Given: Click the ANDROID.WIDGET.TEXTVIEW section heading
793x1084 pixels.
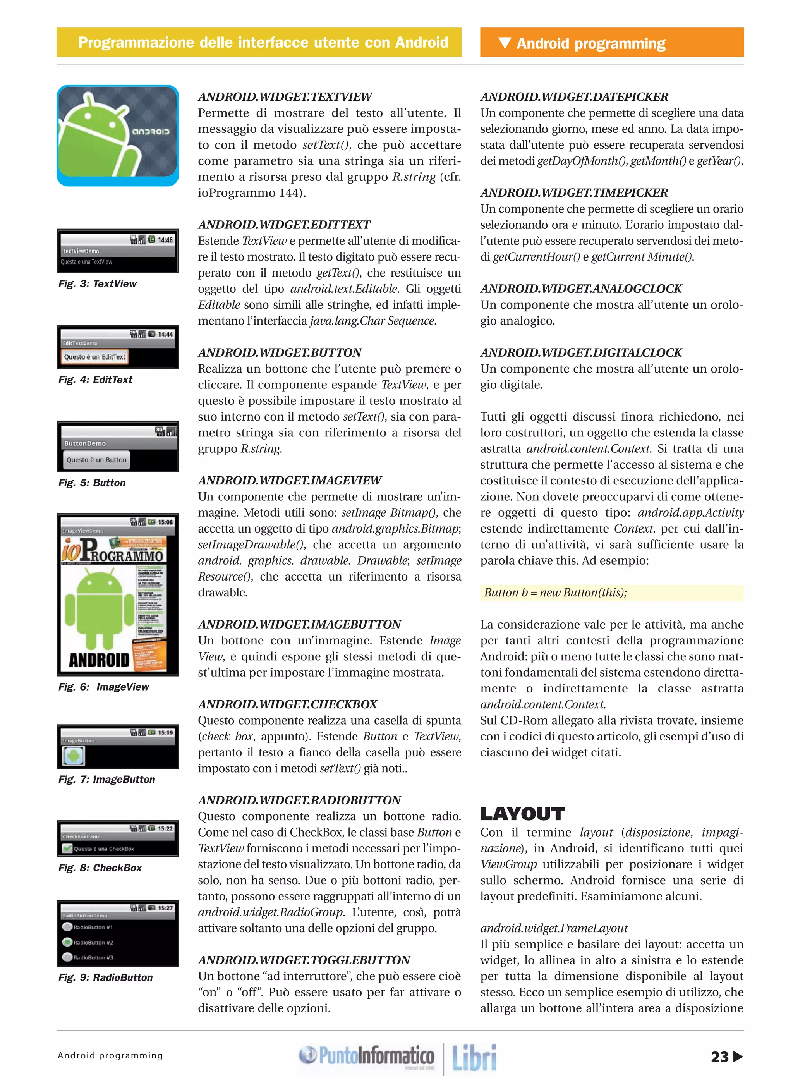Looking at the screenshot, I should coord(285,96).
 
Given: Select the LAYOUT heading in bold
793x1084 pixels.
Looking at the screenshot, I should coord(522,814).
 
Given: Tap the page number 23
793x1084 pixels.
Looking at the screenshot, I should coord(719,1057).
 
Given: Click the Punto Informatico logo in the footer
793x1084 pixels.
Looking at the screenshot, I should coord(366,1056).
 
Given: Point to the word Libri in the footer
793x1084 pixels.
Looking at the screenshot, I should coord(474,1058).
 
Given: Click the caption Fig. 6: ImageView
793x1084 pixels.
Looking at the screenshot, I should coord(104,687).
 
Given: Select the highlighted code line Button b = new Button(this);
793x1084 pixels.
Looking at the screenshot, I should coord(555,593).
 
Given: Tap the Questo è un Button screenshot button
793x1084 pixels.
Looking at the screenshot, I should coord(96,460).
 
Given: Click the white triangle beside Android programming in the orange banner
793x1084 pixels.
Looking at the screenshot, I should coord(505,43).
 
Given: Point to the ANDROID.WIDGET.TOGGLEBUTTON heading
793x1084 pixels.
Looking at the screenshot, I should coord(304,960).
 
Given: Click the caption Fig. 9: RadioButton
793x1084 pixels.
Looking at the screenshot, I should coord(106,977).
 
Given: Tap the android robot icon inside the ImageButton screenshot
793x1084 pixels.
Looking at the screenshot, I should coord(74,756).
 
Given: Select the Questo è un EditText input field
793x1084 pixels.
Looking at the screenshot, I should coord(94,357).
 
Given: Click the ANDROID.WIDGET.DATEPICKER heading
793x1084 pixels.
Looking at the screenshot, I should coord(574,96).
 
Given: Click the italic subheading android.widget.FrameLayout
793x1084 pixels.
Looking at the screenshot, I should coord(554,928).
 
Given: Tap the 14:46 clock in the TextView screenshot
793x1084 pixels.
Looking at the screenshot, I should coord(165,240).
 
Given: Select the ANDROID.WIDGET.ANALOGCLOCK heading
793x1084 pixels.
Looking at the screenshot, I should coord(581,289).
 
